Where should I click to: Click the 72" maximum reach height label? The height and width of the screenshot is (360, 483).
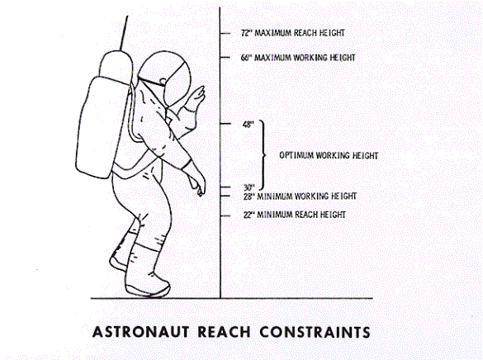pyautogui.click(x=292, y=33)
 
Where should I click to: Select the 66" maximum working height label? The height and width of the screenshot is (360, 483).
pyautogui.click(x=298, y=58)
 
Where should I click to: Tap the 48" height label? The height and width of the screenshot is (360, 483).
pyautogui.click(x=249, y=125)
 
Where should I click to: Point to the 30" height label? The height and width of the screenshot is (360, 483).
pyautogui.click(x=249, y=187)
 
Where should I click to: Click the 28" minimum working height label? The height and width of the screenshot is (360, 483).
pyautogui.click(x=300, y=197)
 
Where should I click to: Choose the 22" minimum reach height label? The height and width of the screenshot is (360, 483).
pyautogui.click(x=295, y=215)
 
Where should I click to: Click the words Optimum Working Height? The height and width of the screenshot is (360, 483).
pyautogui.click(x=329, y=155)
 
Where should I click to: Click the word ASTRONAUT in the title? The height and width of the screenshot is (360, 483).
pyautogui.click(x=141, y=332)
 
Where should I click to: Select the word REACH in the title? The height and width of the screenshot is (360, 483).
pyautogui.click(x=224, y=332)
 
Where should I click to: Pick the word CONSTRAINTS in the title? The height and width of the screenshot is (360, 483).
pyautogui.click(x=315, y=332)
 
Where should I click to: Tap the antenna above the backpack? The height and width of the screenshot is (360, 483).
pyautogui.click(x=124, y=33)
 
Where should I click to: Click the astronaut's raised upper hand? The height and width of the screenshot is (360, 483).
pyautogui.click(x=196, y=96)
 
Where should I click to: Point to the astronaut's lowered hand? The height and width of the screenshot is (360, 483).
pyautogui.click(x=197, y=182)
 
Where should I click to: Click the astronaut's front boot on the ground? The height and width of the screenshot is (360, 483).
pyautogui.click(x=148, y=284)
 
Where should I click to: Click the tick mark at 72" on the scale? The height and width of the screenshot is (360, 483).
pyautogui.click(x=225, y=33)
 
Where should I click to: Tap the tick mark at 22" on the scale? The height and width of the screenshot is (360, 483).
pyautogui.click(x=225, y=216)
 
